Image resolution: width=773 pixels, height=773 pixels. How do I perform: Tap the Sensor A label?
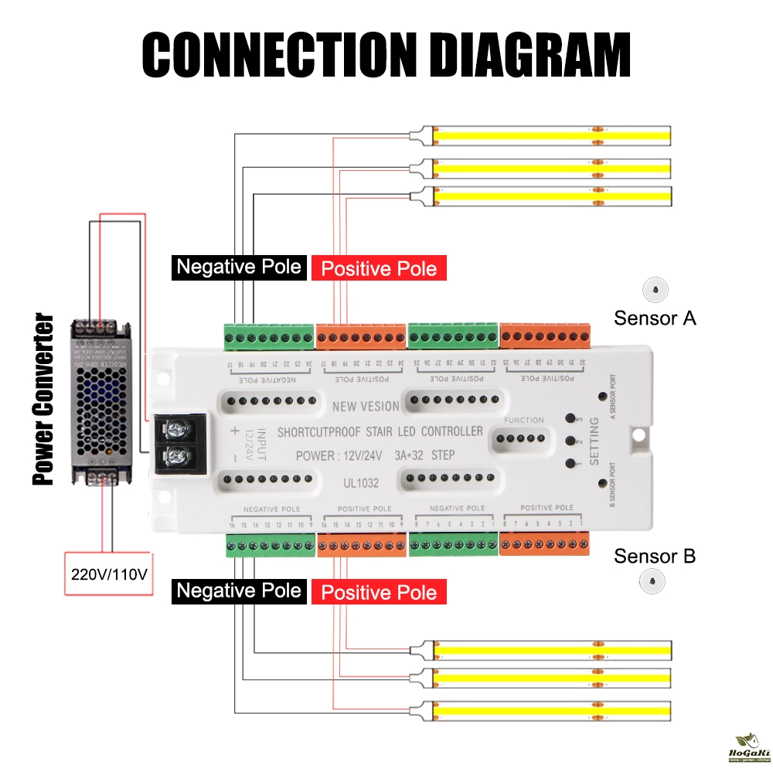[655, 318]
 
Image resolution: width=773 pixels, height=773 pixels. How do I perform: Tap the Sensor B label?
[655, 556]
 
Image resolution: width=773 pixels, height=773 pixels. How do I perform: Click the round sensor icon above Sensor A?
[655, 289]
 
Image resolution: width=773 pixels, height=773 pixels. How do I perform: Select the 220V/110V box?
[109, 574]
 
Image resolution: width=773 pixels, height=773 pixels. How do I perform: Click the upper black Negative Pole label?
[238, 267]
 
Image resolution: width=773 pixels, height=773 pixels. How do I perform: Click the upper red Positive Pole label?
[379, 269]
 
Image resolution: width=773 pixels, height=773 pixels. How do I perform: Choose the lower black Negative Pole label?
[238, 591]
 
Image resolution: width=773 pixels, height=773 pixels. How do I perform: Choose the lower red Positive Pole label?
[379, 593]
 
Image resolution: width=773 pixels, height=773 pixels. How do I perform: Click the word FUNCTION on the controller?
[523, 420]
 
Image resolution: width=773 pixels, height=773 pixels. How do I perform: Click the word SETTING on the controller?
[594, 441]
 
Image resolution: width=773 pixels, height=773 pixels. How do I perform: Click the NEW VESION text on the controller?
[365, 407]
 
